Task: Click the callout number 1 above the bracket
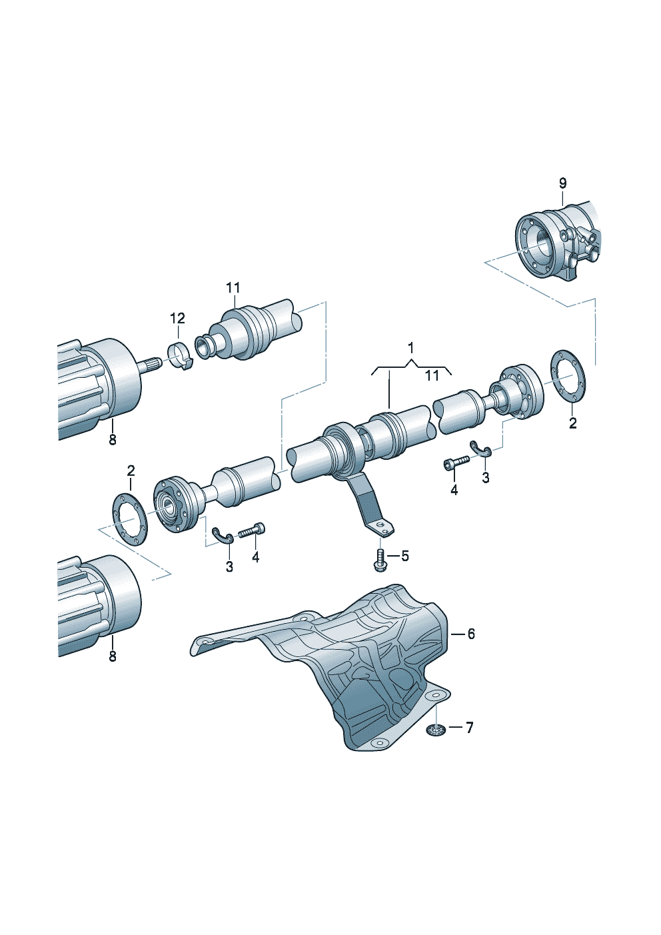pos(410,347)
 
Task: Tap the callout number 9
pos(562,183)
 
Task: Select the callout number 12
pos(177,318)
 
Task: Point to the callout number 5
pos(404,556)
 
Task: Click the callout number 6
pos(471,634)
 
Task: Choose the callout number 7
pos(469,728)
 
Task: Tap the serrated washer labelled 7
pos(435,730)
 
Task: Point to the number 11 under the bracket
pos(432,376)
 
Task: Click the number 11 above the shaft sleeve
pos(233,288)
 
